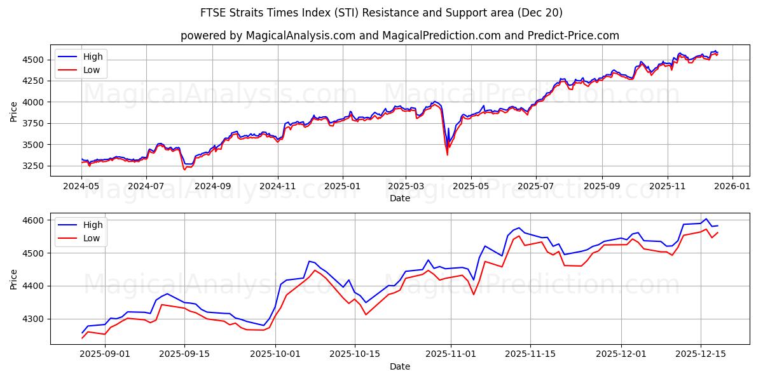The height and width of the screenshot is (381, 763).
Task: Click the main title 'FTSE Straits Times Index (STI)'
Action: click(x=305, y=13)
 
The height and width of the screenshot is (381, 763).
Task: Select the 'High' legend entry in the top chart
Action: click(x=93, y=57)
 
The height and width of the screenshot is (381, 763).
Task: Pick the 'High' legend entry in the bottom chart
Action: click(x=93, y=225)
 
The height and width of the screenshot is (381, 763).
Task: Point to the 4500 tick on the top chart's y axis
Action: click(x=33, y=60)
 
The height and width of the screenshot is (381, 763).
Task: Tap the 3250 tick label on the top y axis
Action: click(x=33, y=166)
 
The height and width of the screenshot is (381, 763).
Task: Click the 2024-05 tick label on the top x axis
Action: click(x=81, y=187)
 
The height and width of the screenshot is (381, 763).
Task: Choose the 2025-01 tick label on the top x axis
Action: click(x=342, y=187)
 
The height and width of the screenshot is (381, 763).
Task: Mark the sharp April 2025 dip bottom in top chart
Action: click(x=447, y=154)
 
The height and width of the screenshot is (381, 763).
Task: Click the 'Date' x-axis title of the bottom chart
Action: click(x=400, y=366)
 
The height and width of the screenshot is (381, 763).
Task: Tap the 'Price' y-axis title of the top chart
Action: click(x=14, y=112)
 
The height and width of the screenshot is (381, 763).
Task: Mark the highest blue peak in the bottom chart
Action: click(x=706, y=219)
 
